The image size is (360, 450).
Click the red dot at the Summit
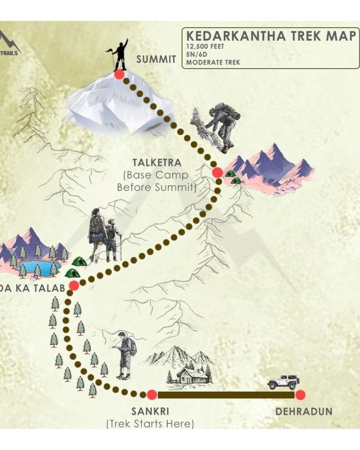[x=119, y=75]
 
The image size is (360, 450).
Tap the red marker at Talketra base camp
[x=217, y=172]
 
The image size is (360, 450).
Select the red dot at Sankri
[x=152, y=395]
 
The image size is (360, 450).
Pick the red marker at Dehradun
[x=300, y=395]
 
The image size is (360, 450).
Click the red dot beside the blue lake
[x=74, y=285]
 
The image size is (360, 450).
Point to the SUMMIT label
[x=156, y=59]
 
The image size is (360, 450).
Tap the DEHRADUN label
[x=304, y=411]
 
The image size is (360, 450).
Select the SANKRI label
[x=150, y=411]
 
